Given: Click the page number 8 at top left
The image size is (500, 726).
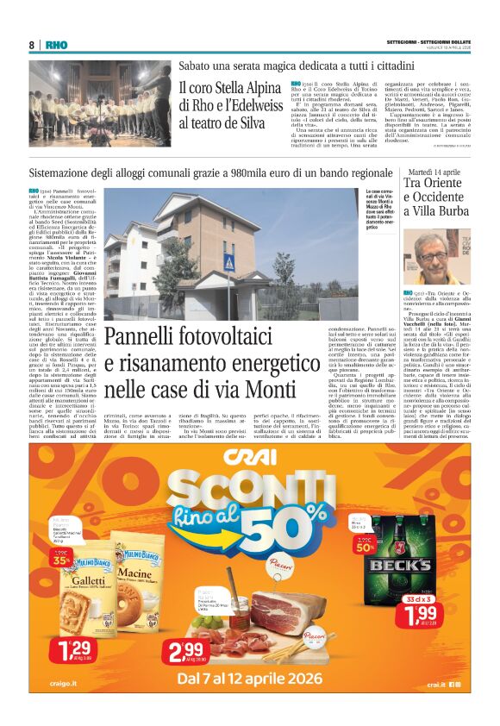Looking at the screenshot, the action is [32, 44].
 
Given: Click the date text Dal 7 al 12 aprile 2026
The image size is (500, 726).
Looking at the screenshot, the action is [250, 679].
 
